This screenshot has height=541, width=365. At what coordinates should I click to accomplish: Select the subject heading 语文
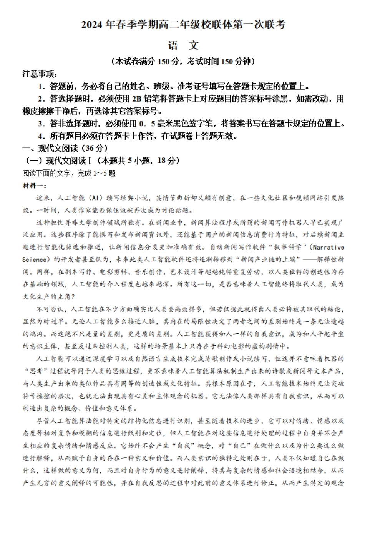pos(183,45)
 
